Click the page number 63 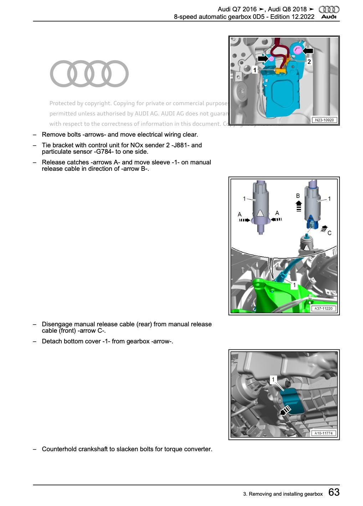334,492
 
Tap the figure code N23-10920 324,120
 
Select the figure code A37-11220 323,309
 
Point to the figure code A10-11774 323,433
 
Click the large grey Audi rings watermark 89,74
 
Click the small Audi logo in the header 329,12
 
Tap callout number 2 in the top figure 309,62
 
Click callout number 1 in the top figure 255,70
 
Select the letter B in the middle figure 298,196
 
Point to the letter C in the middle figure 329,233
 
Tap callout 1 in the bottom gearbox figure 273,380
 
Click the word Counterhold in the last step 59,449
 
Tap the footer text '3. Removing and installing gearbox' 283,494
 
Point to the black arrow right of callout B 299,206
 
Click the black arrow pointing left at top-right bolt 308,51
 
